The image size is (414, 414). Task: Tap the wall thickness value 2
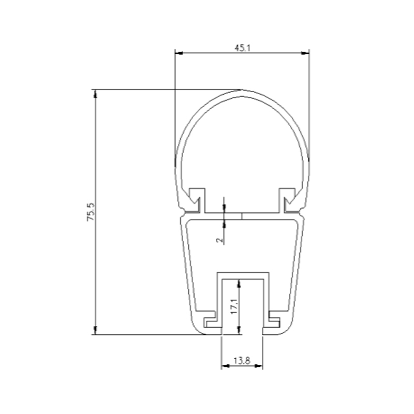coord(219,239)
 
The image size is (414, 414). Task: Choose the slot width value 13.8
coord(241,361)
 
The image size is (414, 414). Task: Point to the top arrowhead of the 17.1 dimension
coord(239,283)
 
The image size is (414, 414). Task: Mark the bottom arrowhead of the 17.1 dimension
coord(239,331)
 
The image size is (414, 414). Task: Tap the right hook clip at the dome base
coord(288,200)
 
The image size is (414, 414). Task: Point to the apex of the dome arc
coord(242,91)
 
